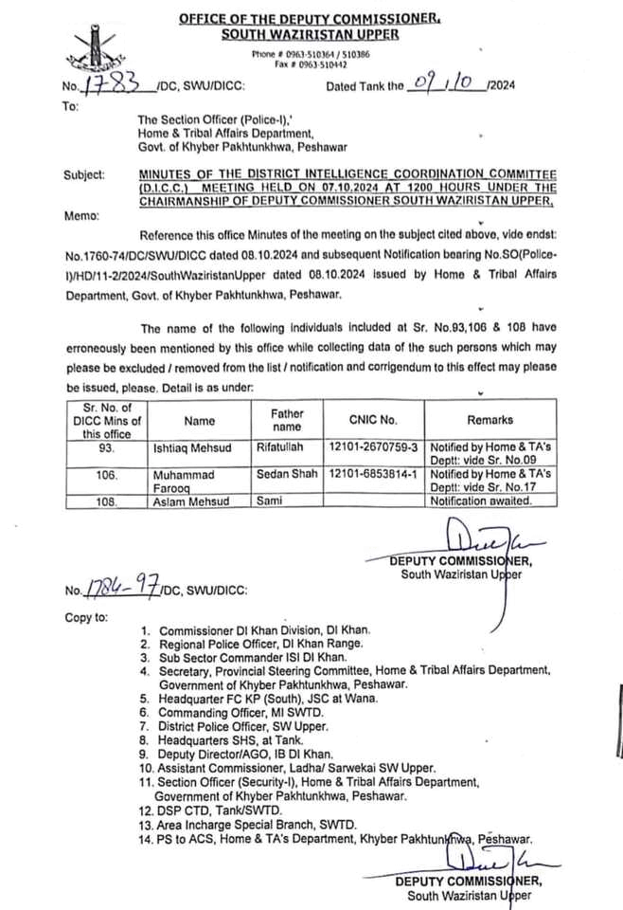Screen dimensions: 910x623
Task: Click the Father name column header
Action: (287, 420)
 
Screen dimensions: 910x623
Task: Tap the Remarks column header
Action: (489, 419)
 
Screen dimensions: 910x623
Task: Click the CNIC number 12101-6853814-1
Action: (373, 472)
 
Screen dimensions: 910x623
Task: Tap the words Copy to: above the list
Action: (86, 617)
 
